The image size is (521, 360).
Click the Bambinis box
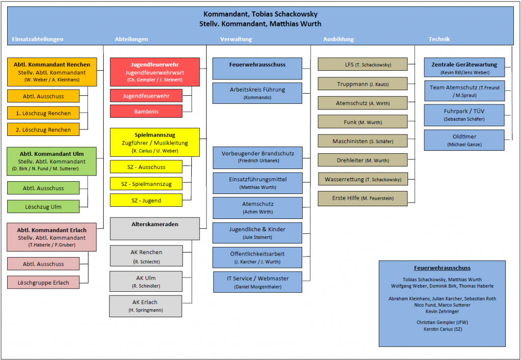click(x=146, y=112)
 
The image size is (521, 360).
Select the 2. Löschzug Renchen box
click(x=43, y=130)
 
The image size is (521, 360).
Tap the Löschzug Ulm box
click(x=43, y=206)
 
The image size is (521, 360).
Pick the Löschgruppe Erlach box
click(x=43, y=283)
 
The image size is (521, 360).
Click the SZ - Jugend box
click(x=146, y=200)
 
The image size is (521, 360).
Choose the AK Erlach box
click(x=146, y=306)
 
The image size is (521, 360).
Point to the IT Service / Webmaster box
click(x=257, y=282)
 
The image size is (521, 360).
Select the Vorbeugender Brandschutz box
click(x=257, y=157)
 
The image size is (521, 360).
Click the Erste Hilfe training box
click(x=362, y=199)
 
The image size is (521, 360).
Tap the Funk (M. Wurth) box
click(x=362, y=122)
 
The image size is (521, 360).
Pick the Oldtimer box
click(x=464, y=140)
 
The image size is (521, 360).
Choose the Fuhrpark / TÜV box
click(x=464, y=115)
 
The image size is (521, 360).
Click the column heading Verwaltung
click(x=236, y=39)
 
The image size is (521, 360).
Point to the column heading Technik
click(x=439, y=39)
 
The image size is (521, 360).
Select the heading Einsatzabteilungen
click(x=38, y=39)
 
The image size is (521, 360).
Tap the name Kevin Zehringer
click(x=442, y=312)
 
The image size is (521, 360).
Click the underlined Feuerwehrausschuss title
click(x=442, y=268)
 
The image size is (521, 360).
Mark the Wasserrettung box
click(x=363, y=180)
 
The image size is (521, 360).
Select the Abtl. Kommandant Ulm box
click(x=52, y=161)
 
